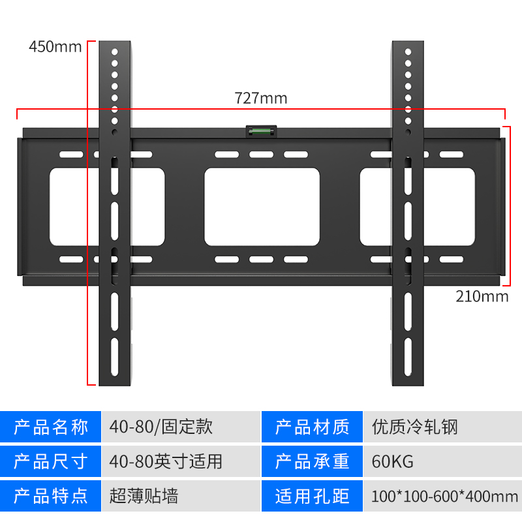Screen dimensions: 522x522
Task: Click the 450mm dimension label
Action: [55, 47]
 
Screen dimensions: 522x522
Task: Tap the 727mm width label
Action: [261, 99]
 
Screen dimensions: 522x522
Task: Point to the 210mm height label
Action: [482, 296]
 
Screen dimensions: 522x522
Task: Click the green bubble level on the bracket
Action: [261, 132]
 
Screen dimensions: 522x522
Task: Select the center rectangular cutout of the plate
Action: [262, 207]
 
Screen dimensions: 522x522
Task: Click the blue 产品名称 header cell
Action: [51, 427]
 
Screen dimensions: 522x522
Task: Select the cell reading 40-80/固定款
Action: [161, 427]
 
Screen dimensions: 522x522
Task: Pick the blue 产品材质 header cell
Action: [312, 427]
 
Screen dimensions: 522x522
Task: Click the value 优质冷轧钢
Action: [415, 427]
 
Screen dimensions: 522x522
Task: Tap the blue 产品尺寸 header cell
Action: [51, 462]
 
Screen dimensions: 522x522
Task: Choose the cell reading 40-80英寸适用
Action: [166, 462]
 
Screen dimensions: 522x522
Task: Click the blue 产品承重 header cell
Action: [312, 462]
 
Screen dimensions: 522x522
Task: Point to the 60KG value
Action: [393, 462]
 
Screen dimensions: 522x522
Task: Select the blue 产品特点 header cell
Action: [51, 497]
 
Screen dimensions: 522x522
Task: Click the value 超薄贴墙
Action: [144, 497]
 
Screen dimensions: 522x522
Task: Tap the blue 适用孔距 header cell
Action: [312, 497]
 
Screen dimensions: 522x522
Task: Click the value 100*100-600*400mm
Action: [444, 497]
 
